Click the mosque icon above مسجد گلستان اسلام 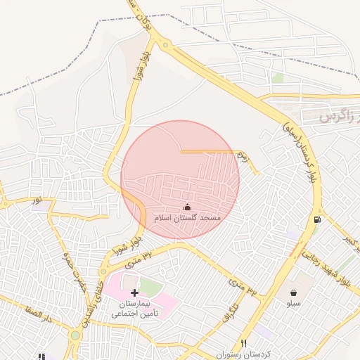(187, 207)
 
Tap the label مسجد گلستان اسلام (188, 219)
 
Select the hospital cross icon (135, 292)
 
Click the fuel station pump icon (318, 219)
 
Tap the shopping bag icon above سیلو (292, 292)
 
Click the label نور (36, 200)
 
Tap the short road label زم (242, 155)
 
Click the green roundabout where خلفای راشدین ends (75, 335)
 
